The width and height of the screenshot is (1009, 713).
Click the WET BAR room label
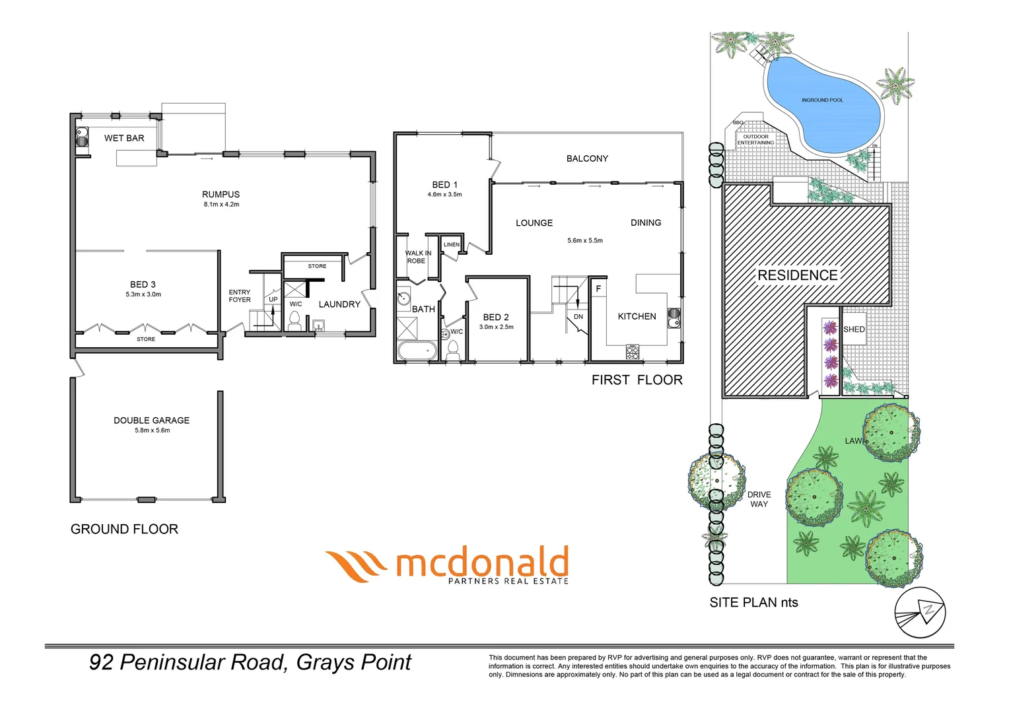click(x=124, y=138)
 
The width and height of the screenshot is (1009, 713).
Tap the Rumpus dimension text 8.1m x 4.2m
click(x=221, y=205)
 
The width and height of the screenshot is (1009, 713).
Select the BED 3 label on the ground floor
click(x=143, y=285)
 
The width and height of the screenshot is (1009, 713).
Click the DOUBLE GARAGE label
click(x=151, y=421)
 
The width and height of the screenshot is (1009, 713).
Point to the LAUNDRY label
click(x=339, y=304)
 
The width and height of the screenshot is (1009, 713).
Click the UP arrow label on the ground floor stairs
click(x=273, y=300)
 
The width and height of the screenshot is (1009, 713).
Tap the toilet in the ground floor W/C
click(x=295, y=322)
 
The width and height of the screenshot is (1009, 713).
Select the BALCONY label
click(x=587, y=158)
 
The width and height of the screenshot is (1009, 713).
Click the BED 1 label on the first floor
click(x=444, y=185)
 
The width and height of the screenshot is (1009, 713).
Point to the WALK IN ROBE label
click(x=417, y=257)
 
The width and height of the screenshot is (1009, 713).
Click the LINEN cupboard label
click(x=452, y=245)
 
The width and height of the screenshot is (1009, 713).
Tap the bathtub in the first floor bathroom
click(x=416, y=351)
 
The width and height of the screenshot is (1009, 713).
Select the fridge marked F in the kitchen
click(x=598, y=289)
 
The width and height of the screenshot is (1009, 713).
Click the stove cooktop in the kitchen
click(x=633, y=353)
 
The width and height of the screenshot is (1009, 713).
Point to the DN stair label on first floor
click(x=578, y=317)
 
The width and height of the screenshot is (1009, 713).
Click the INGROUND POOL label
click(x=822, y=100)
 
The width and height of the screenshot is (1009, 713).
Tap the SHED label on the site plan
click(x=854, y=329)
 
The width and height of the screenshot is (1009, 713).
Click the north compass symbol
click(x=920, y=611)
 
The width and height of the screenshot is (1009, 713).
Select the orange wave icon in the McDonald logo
click(x=356, y=566)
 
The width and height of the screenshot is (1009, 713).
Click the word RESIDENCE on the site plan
click(x=797, y=275)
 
